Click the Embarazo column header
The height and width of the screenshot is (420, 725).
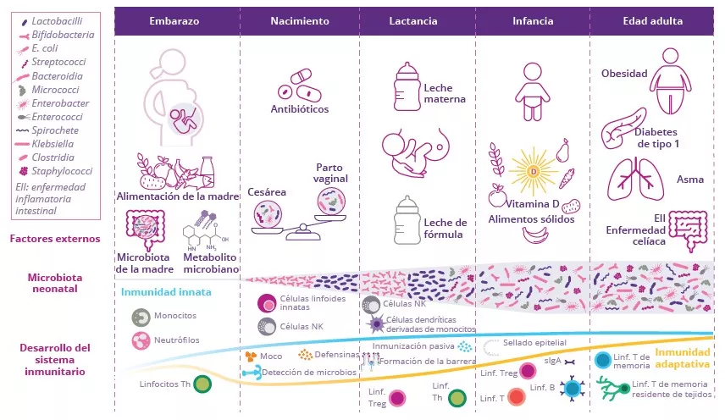coord(177,21)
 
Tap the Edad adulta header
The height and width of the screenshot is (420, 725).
coord(652,21)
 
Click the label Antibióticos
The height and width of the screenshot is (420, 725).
coord(299,109)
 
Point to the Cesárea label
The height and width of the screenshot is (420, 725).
coord(267,192)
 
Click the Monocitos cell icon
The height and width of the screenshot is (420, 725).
coord(141,317)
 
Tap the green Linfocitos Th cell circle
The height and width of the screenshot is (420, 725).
coord(202,384)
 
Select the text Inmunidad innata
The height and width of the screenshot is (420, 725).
coord(166,293)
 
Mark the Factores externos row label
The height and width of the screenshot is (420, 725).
coord(55,239)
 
